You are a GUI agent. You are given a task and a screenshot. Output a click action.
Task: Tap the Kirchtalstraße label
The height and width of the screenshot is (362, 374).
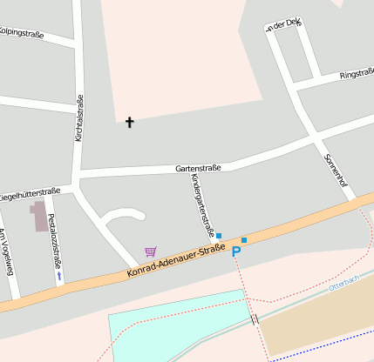point(78,117)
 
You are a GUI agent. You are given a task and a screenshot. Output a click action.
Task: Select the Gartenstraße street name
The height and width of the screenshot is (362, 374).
point(198,167)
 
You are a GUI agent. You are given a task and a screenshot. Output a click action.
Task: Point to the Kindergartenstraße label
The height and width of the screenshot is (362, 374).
point(202,205)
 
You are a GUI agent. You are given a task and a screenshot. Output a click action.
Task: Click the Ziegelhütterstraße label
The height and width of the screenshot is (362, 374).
point(30,194)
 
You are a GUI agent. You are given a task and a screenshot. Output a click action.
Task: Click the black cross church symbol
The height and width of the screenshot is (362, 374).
point(130,123)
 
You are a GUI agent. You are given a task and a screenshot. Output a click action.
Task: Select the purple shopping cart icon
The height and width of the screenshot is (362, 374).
point(151,251)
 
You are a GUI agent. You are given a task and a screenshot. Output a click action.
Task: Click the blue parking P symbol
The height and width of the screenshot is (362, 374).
point(235,251)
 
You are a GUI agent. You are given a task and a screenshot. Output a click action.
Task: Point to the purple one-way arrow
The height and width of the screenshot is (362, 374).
point(59,275)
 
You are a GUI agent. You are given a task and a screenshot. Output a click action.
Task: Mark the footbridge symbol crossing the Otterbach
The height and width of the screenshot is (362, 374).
point(255,319)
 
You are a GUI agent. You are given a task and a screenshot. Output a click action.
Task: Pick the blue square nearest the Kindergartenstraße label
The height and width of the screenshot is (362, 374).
point(219,236)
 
